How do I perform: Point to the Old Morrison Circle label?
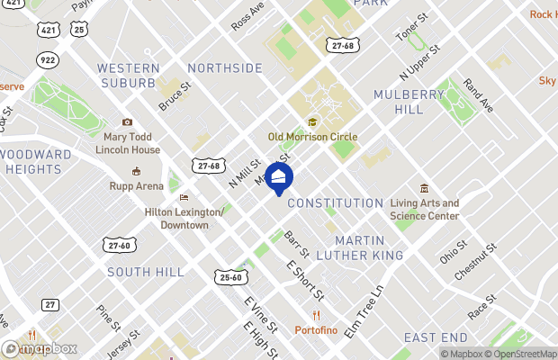pos(312,136)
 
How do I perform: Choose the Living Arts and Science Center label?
pos(425,209)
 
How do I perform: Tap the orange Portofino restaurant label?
pos(317,329)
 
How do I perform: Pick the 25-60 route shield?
pos(230,276)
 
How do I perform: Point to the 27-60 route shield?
pos(118,245)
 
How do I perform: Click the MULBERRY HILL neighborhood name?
pos(409,101)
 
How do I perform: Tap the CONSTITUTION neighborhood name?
pos(335,203)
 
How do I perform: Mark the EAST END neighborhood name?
pos(436,337)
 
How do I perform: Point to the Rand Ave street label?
pos(478,95)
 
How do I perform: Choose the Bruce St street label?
pos(175,98)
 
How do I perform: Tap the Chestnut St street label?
pos(477,261)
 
